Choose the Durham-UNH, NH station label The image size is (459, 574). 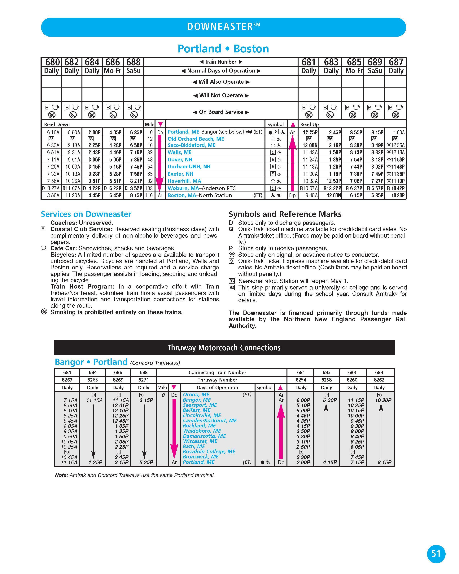(x=189, y=167)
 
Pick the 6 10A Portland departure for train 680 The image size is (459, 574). (x=53, y=132)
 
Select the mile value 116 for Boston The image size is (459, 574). (x=149, y=195)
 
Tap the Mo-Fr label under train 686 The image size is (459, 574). (x=113, y=71)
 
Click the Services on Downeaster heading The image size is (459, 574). (x=86, y=214)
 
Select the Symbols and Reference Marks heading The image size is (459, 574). (x=285, y=214)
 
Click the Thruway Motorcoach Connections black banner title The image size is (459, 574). (x=224, y=348)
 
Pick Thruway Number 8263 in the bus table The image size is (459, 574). (x=67, y=380)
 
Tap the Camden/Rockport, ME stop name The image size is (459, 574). (x=210, y=421)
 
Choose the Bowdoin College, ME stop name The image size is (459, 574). (x=209, y=452)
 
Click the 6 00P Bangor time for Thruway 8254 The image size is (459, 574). (x=303, y=400)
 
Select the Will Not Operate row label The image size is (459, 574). (x=221, y=95)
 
